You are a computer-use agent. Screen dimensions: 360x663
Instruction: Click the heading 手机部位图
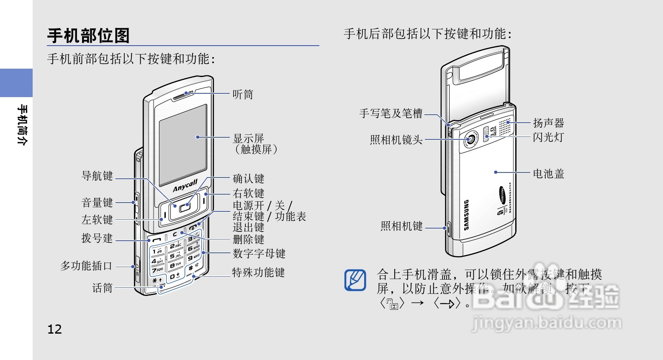(x=88, y=36)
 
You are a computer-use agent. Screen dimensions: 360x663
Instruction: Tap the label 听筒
(x=243, y=94)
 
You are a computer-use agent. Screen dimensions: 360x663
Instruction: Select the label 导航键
(x=97, y=176)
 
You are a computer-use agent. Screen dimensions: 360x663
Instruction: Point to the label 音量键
(x=97, y=203)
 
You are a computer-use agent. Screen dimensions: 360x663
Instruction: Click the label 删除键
(x=248, y=239)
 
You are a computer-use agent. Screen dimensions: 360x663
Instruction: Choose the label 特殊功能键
(x=258, y=273)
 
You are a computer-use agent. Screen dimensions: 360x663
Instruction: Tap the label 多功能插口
(x=86, y=266)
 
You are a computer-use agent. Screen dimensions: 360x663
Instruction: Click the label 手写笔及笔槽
(x=391, y=113)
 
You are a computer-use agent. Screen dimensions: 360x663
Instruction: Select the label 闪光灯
(x=548, y=137)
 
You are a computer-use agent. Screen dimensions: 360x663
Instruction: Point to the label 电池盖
(x=548, y=173)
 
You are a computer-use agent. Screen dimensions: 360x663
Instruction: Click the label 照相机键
(x=401, y=226)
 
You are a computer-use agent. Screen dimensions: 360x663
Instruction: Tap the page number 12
(x=54, y=329)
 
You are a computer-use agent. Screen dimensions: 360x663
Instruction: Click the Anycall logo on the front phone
(x=185, y=185)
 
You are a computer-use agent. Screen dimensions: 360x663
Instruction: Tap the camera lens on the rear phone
(x=471, y=139)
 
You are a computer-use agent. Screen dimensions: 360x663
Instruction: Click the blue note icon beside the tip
(x=355, y=280)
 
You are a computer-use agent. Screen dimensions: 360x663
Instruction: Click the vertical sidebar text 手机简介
(x=22, y=125)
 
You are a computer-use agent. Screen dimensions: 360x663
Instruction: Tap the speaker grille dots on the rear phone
(x=505, y=127)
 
